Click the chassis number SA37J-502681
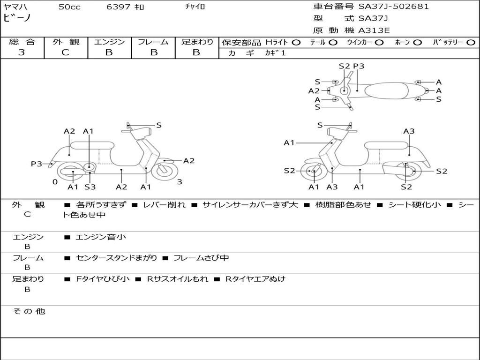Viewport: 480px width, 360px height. [393, 7]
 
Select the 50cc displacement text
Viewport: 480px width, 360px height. [69, 7]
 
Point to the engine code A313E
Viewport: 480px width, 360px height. [374, 31]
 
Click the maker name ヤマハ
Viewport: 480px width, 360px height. [15, 7]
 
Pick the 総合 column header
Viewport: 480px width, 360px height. [22, 42]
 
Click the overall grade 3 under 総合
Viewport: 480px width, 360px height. [22, 52]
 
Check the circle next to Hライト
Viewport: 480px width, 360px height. [296, 43]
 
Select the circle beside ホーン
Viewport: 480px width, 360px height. [418, 43]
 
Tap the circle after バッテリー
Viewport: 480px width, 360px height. [471, 43]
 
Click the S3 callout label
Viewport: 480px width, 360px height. [90, 187]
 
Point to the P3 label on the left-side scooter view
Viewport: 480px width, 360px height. [37, 164]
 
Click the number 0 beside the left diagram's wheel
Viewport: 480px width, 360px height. [55, 182]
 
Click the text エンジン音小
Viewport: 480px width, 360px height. [100, 237]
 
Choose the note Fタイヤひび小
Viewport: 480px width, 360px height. [103, 279]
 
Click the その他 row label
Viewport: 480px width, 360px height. [29, 311]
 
